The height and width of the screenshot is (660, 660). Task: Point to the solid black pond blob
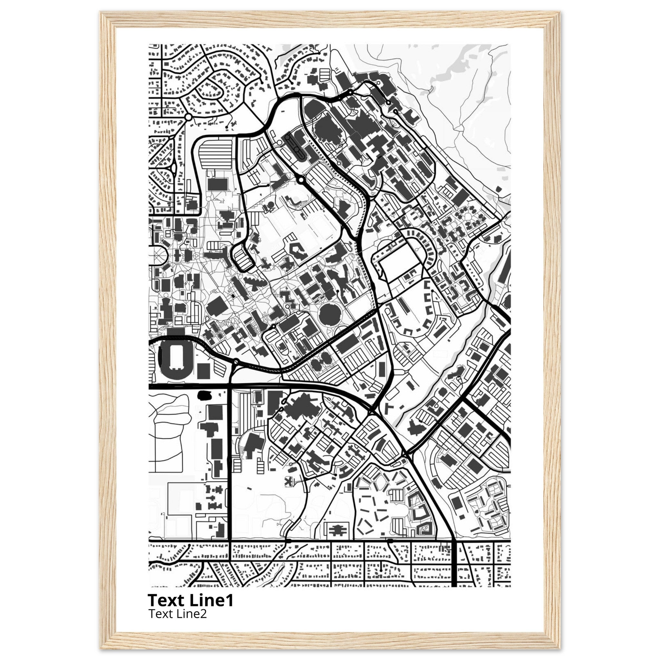pyautogui.click(x=204, y=395)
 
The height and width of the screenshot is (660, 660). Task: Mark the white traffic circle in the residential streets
pyautogui.click(x=188, y=117)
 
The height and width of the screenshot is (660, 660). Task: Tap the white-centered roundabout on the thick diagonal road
pyautogui.click(x=300, y=180)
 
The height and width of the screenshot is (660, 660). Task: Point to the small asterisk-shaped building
pyautogui.click(x=290, y=481)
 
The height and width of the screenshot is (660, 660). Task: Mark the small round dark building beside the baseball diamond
pyautogui.click(x=271, y=205)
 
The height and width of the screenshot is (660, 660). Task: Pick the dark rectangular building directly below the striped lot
pyautogui.click(x=218, y=184)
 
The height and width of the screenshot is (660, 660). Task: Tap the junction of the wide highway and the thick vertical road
pyautogui.click(x=229, y=386)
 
